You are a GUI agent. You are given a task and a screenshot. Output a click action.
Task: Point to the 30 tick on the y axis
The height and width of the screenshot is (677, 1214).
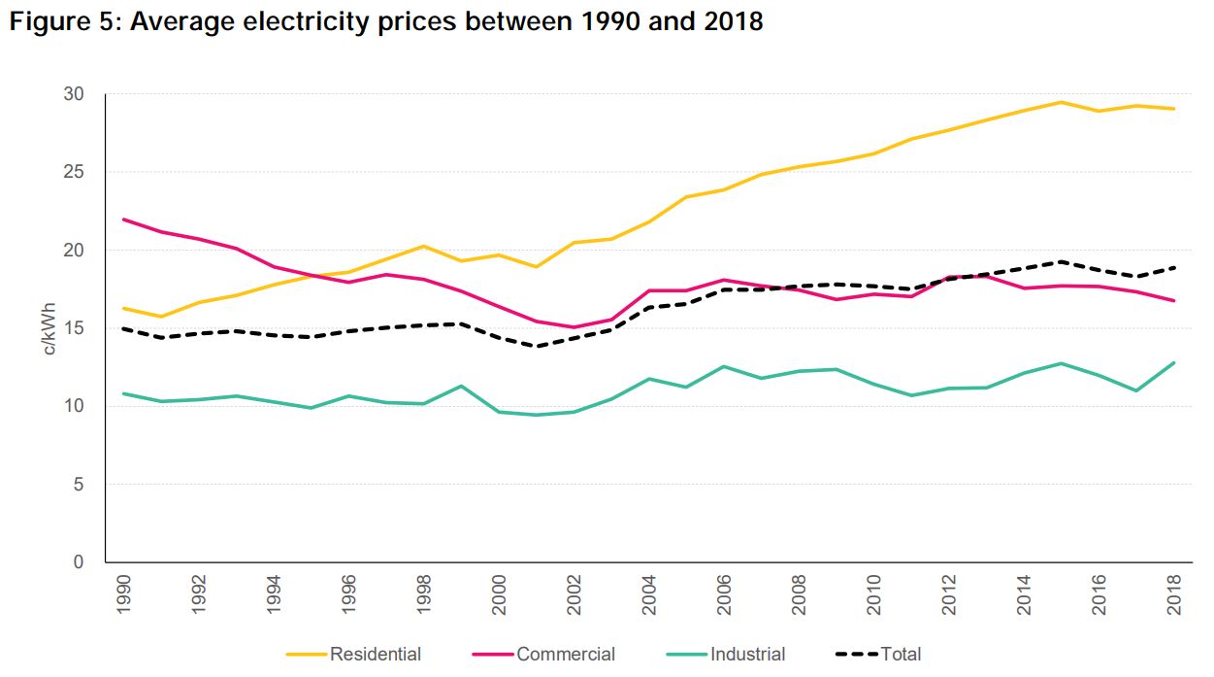click(75, 94)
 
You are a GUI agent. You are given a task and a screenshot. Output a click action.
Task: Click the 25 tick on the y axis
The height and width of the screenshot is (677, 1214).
click(75, 172)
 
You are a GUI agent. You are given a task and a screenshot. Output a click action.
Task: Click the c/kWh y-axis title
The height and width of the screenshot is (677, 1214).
click(50, 327)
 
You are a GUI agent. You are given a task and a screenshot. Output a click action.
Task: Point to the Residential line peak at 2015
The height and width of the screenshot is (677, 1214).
click(1061, 102)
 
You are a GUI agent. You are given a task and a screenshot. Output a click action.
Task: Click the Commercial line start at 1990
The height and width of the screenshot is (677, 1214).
click(123, 220)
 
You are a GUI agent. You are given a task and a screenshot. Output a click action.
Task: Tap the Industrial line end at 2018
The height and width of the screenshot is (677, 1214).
click(1173, 363)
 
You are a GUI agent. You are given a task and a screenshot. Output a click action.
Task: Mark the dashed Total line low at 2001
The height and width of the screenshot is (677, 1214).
click(536, 346)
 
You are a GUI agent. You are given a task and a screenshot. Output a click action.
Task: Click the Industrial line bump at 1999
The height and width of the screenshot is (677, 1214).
click(461, 386)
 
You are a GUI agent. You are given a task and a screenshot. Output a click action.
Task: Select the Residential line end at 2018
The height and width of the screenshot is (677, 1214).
click(1173, 109)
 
